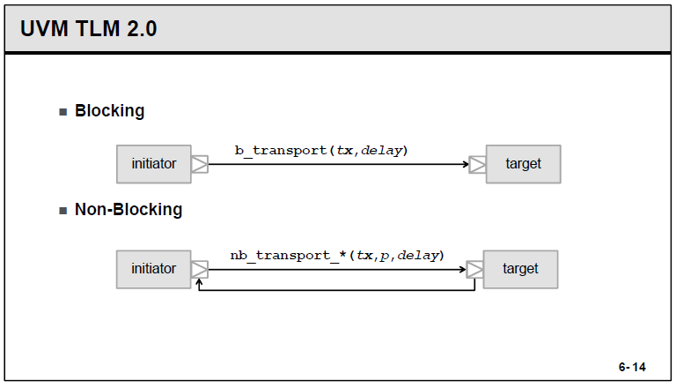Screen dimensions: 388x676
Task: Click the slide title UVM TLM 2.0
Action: [88, 28]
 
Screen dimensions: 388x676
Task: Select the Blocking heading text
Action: [109, 111]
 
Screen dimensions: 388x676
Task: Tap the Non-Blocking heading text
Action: [129, 210]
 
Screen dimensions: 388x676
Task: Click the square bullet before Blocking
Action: [62, 112]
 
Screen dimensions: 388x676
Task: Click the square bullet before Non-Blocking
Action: [62, 211]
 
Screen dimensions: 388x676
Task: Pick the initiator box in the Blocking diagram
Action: [153, 164]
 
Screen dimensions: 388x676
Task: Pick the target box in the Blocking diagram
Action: [523, 164]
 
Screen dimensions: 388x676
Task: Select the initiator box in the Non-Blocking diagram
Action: [153, 269]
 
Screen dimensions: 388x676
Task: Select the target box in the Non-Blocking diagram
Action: [520, 269]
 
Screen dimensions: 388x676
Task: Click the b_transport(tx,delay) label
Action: [321, 150]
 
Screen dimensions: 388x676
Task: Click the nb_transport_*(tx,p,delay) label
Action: [337, 255]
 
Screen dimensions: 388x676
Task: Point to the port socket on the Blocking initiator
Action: [200, 164]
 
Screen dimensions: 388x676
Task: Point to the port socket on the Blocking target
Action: [477, 164]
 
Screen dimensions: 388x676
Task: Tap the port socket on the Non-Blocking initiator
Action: [200, 269]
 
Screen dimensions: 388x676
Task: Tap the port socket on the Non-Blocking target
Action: [474, 269]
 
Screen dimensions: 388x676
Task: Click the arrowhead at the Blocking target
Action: [464, 164]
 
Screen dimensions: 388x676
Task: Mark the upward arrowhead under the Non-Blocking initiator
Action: [200, 283]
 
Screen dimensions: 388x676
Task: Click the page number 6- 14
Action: [632, 366]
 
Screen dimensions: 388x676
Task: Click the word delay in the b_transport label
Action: [382, 150]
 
